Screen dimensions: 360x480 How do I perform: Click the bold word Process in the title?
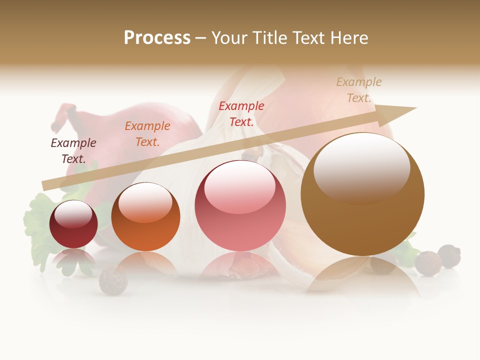157,38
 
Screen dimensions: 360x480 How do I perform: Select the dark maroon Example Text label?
73,150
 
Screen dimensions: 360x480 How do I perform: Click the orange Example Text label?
147,133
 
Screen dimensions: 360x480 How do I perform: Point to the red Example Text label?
241,113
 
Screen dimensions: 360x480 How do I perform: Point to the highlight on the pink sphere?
239,188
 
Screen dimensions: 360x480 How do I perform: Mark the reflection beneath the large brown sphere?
362,275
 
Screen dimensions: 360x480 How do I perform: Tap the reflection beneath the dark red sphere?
73,260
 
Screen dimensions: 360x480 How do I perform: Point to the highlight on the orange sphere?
145,203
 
